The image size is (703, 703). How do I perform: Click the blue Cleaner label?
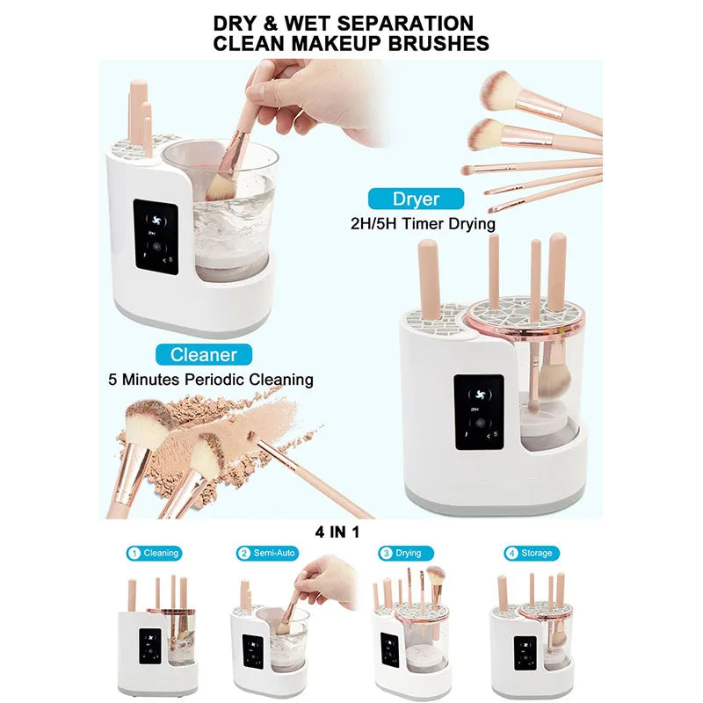pyautogui.click(x=204, y=355)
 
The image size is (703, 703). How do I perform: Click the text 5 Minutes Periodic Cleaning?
pyautogui.click(x=211, y=380)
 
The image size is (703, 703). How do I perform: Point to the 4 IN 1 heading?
pyautogui.click(x=337, y=531)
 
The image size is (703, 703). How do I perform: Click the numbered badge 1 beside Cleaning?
pyautogui.click(x=134, y=554)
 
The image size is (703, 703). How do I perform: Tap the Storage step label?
pyautogui.click(x=536, y=554)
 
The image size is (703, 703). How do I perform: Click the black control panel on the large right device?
pyautogui.click(x=479, y=413)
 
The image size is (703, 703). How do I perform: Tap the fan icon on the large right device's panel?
pyautogui.click(x=479, y=394)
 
